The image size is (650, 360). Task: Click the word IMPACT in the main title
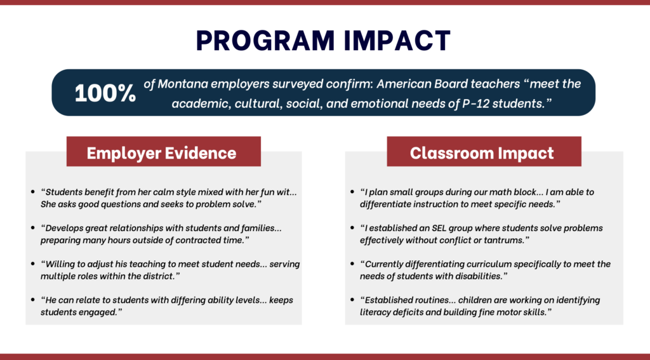[395, 40]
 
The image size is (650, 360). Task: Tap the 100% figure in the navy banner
[105, 93]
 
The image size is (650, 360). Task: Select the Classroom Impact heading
[482, 152]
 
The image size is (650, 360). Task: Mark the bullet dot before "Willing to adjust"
[32, 264]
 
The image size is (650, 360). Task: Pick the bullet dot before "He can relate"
[32, 300]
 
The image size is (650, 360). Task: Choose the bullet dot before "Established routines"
[353, 300]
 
